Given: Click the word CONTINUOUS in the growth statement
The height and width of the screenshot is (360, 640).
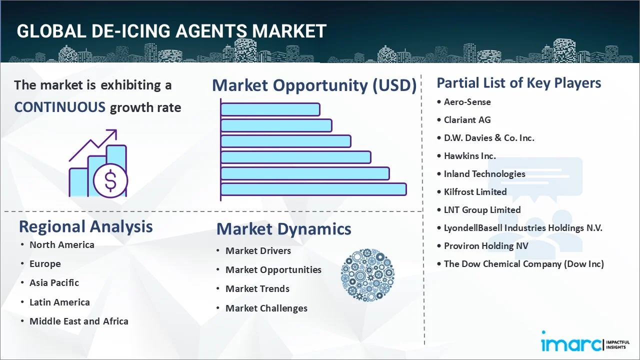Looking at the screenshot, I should coord(59,107).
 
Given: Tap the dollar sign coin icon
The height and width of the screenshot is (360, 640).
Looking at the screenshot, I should coord(110,181).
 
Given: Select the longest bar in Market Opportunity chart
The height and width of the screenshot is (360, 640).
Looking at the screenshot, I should coord(313,189).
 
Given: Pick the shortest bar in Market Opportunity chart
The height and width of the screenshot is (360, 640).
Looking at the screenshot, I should coord(270,109).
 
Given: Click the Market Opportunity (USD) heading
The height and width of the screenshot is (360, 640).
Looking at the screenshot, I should coord(314,85).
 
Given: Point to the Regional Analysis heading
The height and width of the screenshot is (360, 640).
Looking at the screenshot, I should coord(85,226).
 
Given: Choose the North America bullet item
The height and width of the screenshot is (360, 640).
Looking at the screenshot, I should coord(61,244).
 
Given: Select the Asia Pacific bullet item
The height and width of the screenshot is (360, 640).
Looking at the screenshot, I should coord(54,282).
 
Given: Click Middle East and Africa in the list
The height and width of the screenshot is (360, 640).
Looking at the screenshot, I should coord(78,321).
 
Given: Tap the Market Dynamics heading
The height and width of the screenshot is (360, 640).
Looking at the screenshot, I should coord(283,229).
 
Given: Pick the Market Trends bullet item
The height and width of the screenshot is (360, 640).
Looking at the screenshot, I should coord(257,288).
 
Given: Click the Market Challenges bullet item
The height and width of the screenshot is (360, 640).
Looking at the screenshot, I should coord(266,308).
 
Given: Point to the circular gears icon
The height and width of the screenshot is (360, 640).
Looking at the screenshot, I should coord(367,275).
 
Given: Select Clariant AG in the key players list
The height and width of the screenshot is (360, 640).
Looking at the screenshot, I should coord(467,119).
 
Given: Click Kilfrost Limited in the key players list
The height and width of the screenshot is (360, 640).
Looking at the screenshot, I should coord(475,191).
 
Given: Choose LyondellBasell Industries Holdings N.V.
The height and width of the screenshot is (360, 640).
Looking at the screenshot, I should coord(523,227).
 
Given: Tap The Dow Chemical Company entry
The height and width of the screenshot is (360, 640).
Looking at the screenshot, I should coord(523,263).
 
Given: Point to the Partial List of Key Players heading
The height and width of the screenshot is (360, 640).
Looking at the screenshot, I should coord(518,82).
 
